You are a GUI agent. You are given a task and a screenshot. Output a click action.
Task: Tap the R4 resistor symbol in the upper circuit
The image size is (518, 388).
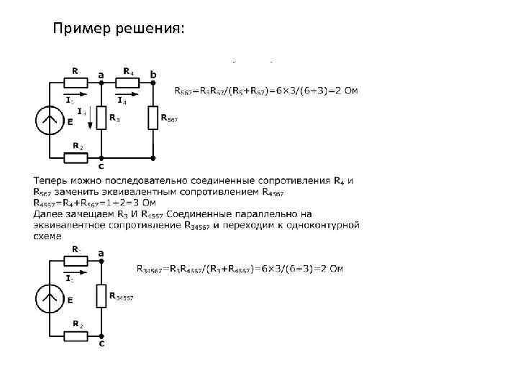[x=128, y=83]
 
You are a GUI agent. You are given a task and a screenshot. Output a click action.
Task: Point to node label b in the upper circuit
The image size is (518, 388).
[x=153, y=74]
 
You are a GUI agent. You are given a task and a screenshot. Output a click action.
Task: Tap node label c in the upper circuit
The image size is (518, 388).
[x=101, y=167]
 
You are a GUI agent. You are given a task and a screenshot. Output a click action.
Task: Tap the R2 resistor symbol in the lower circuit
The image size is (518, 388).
[x=77, y=335]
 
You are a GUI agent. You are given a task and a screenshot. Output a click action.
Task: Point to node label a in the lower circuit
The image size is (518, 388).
[x=101, y=252]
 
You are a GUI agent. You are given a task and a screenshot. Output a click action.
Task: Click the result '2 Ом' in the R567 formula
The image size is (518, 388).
[x=347, y=91]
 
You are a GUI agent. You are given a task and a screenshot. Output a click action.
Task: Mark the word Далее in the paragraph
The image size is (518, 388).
[x=47, y=213]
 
